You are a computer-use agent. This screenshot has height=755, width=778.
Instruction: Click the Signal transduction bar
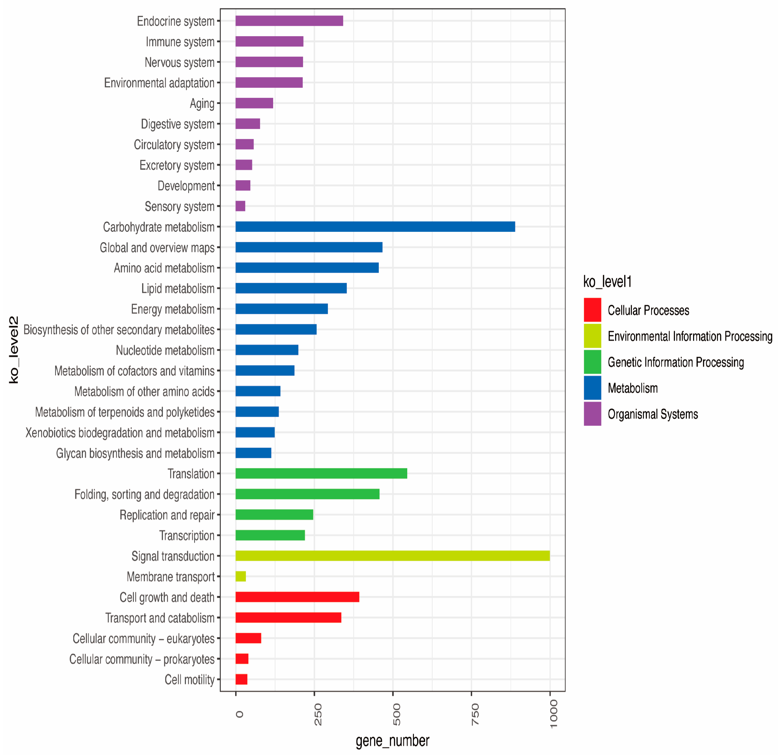pos(392,556)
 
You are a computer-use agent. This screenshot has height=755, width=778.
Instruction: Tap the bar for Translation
pos(321,473)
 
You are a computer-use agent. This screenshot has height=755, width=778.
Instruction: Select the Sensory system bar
pos(240,206)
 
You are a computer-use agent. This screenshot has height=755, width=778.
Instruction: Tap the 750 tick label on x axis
pos(475,714)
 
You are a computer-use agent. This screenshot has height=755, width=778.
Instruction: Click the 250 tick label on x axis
pos(318,714)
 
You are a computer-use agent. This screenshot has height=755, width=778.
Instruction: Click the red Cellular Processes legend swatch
pos(592,310)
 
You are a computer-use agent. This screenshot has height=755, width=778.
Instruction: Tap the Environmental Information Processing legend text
pos(690,336)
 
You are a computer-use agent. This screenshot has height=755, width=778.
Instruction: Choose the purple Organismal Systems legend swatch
pos(592,414)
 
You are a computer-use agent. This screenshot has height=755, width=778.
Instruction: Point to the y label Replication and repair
pos(167,515)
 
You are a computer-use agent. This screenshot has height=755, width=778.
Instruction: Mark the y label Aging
pos(202,103)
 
